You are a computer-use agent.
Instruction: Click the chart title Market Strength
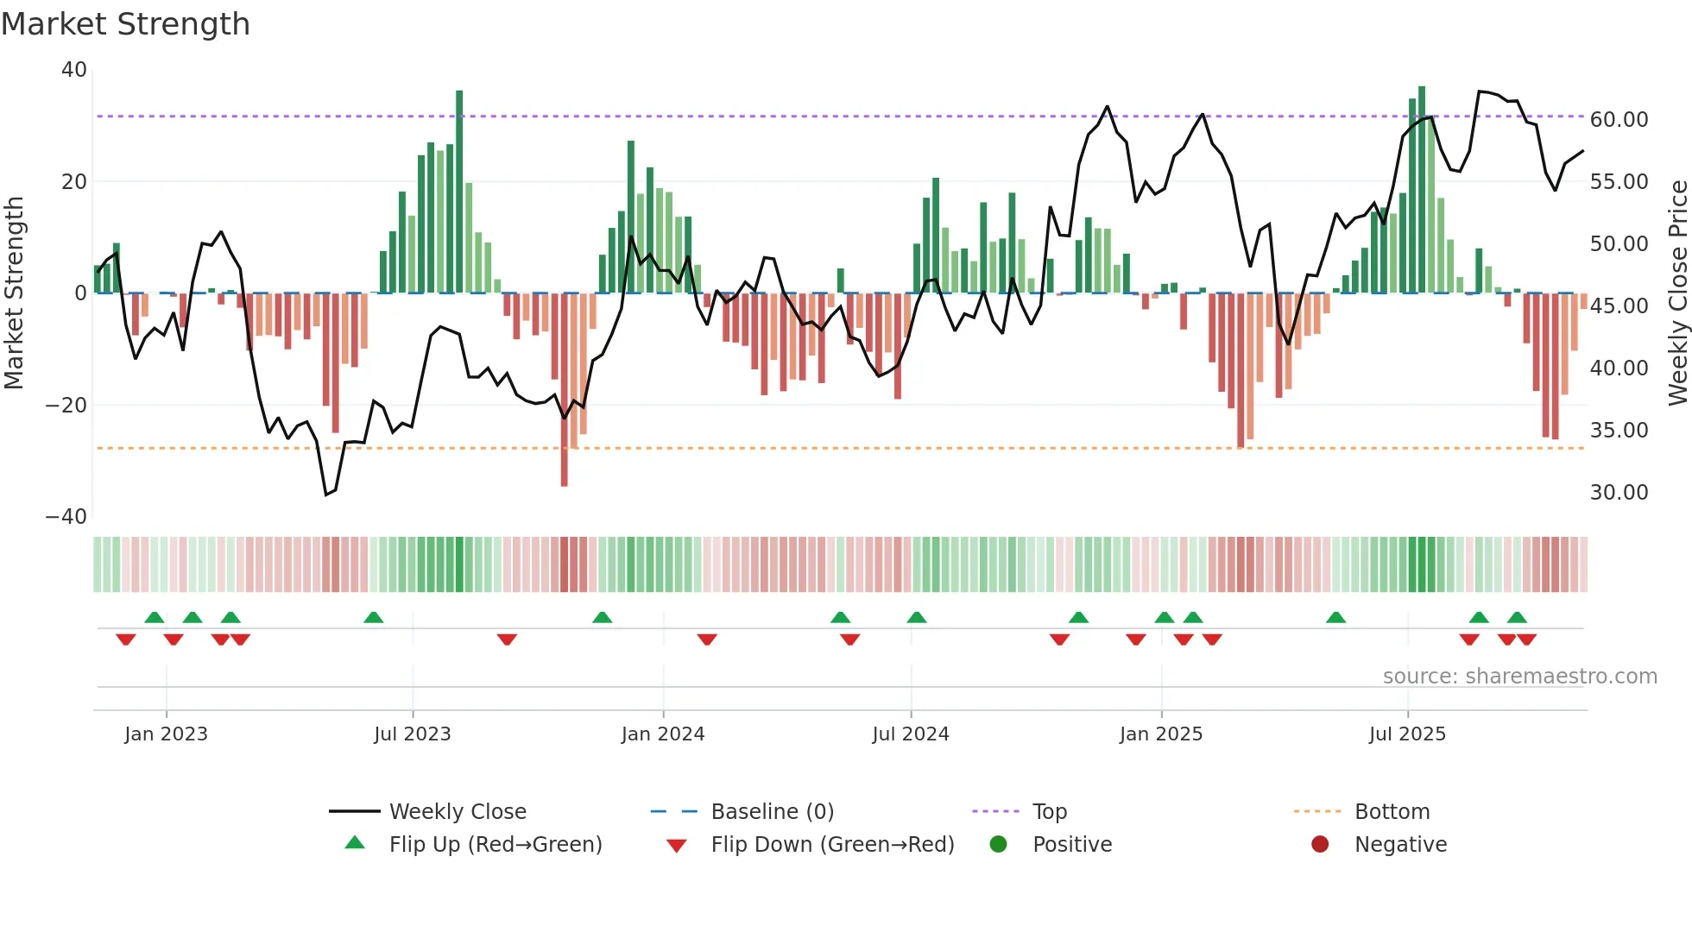coord(126,24)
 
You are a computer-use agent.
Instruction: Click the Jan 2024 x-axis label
coord(662,734)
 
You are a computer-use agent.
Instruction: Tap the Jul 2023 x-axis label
coord(412,734)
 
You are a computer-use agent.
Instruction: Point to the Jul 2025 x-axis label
coord(1406,734)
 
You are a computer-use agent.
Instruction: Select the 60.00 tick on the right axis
coord(1619,120)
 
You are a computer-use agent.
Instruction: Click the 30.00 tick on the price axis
coord(1619,493)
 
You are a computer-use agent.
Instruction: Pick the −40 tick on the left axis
coord(66,517)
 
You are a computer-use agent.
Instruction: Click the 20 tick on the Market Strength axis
coord(74,182)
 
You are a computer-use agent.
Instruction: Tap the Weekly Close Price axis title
coord(1677,293)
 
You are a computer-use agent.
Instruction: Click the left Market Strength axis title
coord(15,293)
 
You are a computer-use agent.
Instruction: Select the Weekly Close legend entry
coord(457,812)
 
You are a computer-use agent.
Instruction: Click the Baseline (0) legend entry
coord(772,812)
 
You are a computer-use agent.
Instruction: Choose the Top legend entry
coord(1049,812)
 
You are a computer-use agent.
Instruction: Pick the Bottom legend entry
coord(1392,812)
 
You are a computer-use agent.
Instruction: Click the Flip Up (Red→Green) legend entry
coord(495,845)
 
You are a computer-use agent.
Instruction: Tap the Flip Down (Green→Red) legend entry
coord(832,845)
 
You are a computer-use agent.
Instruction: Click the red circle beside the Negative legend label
coord(1319,845)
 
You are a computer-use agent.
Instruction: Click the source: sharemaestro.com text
coord(1519,677)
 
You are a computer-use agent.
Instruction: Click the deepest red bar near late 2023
coord(564,388)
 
